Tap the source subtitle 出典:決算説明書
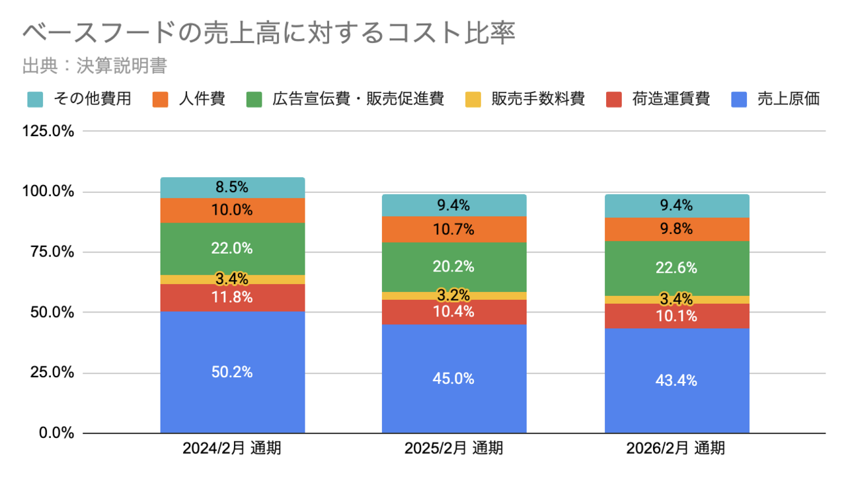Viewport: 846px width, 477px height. pyautogui.click(x=94, y=66)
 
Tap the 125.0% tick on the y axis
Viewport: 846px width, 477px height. pyautogui.click(x=48, y=131)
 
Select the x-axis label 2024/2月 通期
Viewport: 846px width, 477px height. pyautogui.click(x=232, y=449)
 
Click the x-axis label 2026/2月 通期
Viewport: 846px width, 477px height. pyautogui.click(x=676, y=449)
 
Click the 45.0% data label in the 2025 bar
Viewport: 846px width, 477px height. pyautogui.click(x=454, y=379)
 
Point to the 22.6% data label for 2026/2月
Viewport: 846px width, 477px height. pyautogui.click(x=677, y=268)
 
